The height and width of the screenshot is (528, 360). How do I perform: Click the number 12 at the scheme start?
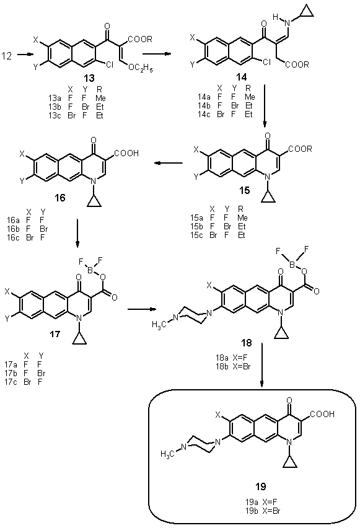pyautogui.click(x=6, y=56)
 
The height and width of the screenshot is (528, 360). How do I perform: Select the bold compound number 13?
pyautogui.click(x=89, y=78)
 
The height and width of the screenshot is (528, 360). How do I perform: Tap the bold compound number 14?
pyautogui.click(x=241, y=77)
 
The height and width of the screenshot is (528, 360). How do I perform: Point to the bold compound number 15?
pyautogui.click(x=245, y=191)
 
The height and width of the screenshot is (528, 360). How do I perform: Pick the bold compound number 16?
pyautogui.click(x=59, y=198)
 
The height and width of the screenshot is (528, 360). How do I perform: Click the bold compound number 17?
pyautogui.click(x=55, y=333)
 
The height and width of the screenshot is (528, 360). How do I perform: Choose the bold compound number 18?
pyautogui.click(x=247, y=343)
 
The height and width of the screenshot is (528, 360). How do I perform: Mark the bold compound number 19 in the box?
pyautogui.click(x=260, y=486)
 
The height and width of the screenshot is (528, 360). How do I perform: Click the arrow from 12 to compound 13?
pyautogui.click(x=25, y=54)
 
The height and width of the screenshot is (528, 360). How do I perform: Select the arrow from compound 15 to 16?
pyautogui.click(x=169, y=164)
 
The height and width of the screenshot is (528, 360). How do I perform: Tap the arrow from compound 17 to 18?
pyautogui.click(x=141, y=309)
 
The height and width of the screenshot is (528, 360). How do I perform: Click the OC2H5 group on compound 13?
pyautogui.click(x=141, y=69)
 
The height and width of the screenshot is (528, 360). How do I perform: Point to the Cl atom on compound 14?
pyautogui.click(x=266, y=62)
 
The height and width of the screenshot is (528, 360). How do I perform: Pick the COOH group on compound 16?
pyautogui.click(x=126, y=153)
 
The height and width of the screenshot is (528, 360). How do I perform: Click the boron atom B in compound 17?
pyautogui.click(x=90, y=270)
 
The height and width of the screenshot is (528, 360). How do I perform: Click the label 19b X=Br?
pyautogui.click(x=263, y=511)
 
